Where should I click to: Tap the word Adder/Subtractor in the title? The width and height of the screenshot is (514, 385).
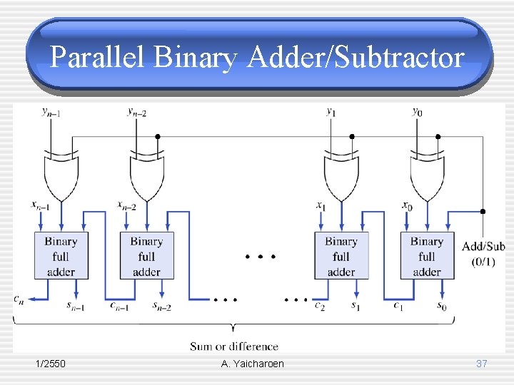[356, 58]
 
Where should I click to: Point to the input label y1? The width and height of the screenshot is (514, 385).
[331, 111]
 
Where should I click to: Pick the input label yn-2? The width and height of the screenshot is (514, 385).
[136, 111]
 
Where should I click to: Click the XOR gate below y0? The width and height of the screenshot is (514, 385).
[427, 175]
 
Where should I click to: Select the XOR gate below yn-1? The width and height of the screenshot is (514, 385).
[61, 175]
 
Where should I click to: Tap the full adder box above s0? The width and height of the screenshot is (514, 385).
[427, 256]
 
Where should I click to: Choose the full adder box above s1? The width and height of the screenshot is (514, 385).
[341, 256]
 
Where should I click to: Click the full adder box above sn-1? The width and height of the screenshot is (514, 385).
[61, 256]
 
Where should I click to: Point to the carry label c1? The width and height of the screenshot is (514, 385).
[398, 306]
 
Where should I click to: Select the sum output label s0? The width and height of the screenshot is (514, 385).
[443, 307]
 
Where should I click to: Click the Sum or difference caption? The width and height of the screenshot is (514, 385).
[234, 346]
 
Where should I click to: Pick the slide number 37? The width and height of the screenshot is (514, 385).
[481, 364]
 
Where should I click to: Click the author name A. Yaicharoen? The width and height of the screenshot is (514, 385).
[253, 364]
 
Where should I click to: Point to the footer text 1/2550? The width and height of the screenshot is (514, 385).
[51, 364]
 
